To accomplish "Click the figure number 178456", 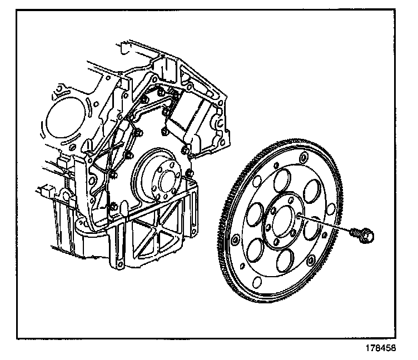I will point(381,349).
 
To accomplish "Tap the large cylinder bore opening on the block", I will point(64,120).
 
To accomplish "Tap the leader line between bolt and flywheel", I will point(328,224).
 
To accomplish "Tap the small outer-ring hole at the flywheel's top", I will point(302,161).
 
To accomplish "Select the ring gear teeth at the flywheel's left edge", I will point(227,222).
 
